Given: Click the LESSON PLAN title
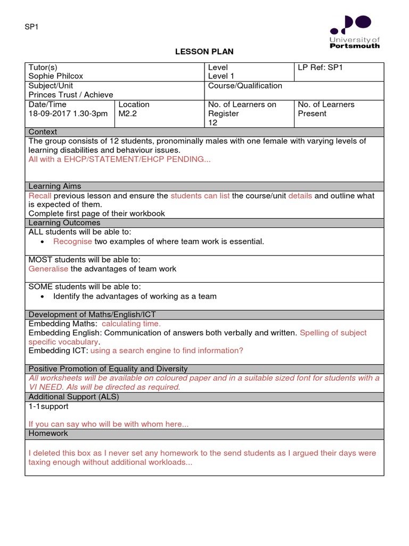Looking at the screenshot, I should coord(204,52).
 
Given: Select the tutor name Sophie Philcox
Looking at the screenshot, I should coord(56,76).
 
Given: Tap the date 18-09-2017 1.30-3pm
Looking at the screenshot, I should coord(68,114).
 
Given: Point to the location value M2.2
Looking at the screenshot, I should coord(128,114).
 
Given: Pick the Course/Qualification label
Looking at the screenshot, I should coord(245,86).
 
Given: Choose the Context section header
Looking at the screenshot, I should coord(43,132).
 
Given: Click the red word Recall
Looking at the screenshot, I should coord(40,196).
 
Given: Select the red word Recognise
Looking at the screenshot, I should coord(72,242).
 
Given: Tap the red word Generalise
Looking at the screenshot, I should coord(48,269).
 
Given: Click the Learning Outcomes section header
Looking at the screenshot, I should coord(64,223).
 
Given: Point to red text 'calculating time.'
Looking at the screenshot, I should coord(131,324).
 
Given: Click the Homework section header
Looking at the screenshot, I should coord(48,433).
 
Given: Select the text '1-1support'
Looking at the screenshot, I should coord(48,406).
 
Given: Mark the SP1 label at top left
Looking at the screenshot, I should coord(32,28).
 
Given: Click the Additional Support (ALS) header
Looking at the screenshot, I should coord(73,397).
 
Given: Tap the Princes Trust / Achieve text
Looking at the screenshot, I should coord(71,95).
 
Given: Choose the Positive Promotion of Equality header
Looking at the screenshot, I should coord(108,369).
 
